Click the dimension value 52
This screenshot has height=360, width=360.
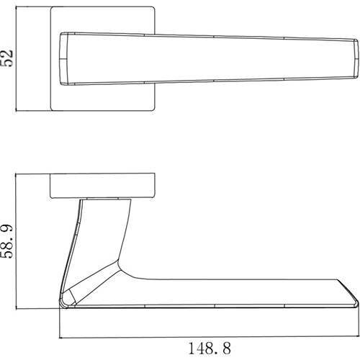click(x=6, y=58)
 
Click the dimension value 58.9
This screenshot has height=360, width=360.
click(x=6, y=241)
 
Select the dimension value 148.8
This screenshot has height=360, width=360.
click(x=210, y=348)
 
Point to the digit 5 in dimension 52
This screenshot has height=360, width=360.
click(x=6, y=63)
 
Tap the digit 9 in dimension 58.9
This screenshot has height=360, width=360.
click(x=6, y=228)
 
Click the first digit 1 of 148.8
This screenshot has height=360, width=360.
click(x=192, y=348)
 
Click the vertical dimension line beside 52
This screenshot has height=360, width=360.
click(x=16, y=58)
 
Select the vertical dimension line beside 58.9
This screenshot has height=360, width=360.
click(x=16, y=241)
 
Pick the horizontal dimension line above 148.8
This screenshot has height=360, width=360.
click(x=209, y=338)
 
